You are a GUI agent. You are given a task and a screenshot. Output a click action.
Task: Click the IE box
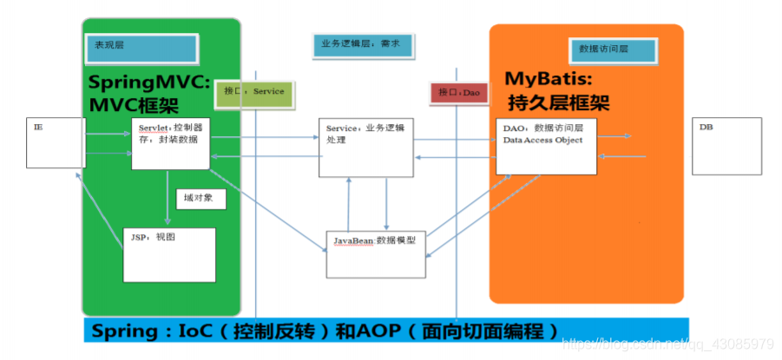pos(56,142)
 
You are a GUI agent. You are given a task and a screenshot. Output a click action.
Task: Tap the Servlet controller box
pos(171,143)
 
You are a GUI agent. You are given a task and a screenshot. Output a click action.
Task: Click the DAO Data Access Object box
pos(546,146)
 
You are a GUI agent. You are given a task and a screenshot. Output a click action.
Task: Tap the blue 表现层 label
pos(141,48)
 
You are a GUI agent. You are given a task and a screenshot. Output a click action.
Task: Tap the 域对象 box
pos(200,199)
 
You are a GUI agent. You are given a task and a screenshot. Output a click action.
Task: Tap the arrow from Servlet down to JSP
pos(168,194)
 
